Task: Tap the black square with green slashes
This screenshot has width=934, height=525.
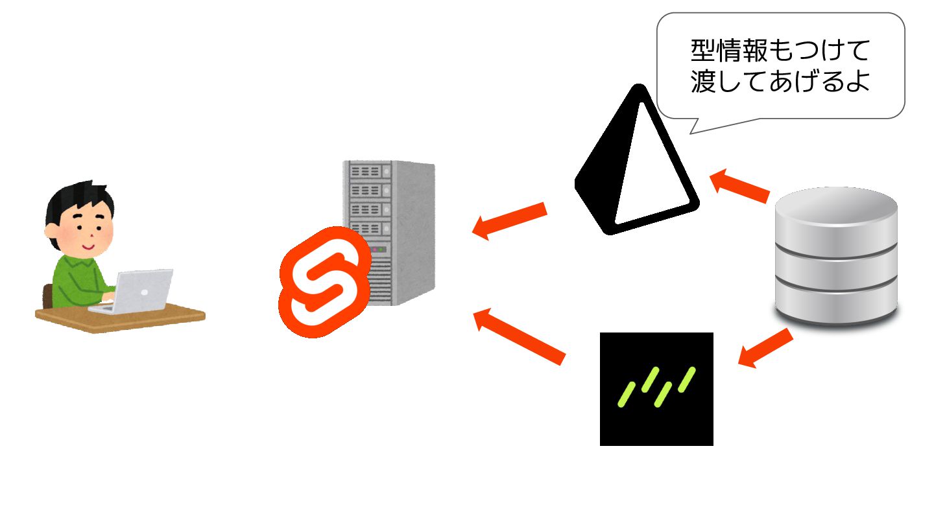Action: click(x=656, y=389)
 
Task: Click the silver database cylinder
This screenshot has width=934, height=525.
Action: click(x=837, y=256)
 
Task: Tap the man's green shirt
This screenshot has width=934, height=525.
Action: click(x=78, y=279)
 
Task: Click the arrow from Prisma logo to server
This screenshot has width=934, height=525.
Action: click(x=510, y=220)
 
